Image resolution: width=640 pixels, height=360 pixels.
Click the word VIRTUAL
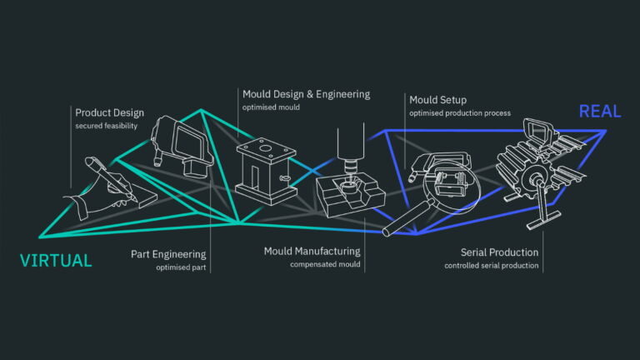tap(55, 261)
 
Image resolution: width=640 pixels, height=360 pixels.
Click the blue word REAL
tap(600, 112)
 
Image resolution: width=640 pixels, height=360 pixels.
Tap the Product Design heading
tap(109, 112)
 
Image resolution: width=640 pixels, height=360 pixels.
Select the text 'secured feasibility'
tap(106, 126)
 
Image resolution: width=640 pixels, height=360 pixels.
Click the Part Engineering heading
tap(168, 253)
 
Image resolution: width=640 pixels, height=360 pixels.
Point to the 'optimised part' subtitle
tap(181, 267)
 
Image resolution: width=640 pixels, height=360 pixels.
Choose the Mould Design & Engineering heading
tap(306, 94)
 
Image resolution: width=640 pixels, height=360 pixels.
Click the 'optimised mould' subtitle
tap(272, 107)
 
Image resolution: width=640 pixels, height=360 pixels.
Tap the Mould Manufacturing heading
tap(312, 251)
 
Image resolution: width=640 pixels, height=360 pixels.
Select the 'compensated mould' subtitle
tap(325, 265)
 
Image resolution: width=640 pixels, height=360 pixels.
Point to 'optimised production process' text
tap(460, 113)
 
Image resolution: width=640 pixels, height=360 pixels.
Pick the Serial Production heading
tap(499, 252)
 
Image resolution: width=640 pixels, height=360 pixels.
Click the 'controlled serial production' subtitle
tap(492, 266)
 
